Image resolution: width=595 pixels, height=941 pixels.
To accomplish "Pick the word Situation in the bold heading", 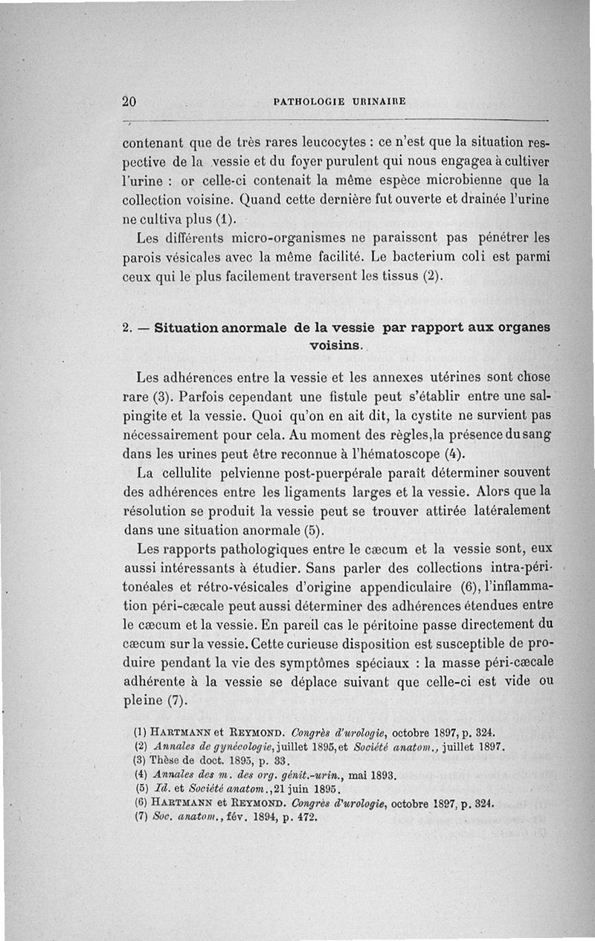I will (x=197, y=329).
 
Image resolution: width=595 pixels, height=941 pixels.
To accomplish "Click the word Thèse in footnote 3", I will (x=164, y=760).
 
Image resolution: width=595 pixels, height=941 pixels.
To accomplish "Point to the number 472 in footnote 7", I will (x=307, y=816).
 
